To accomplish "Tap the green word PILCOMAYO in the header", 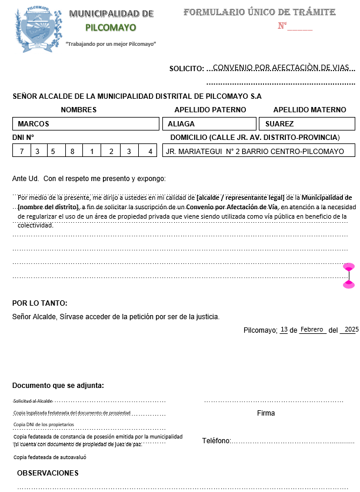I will (111, 27).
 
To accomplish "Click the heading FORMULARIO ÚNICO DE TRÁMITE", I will (259, 12).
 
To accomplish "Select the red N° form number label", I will (282, 26).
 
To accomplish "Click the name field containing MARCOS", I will (86, 124).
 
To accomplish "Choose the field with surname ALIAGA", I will (209, 124).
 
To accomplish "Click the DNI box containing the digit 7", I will (21, 152).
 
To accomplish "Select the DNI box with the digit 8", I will (74, 152).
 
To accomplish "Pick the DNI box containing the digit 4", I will (149, 152).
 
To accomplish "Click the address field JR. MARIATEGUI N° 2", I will (258, 152).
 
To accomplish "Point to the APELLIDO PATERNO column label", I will (210, 110).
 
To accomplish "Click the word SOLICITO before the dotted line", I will (186, 69).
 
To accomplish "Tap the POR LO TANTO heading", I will (39, 303).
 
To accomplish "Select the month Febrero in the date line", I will (312, 330).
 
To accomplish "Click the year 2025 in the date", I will (351, 330).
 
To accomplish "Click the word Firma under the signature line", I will (266, 413).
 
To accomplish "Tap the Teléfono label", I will (216, 441).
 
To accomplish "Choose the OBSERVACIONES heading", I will (48, 473).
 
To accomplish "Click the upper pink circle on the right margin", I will (349, 252).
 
